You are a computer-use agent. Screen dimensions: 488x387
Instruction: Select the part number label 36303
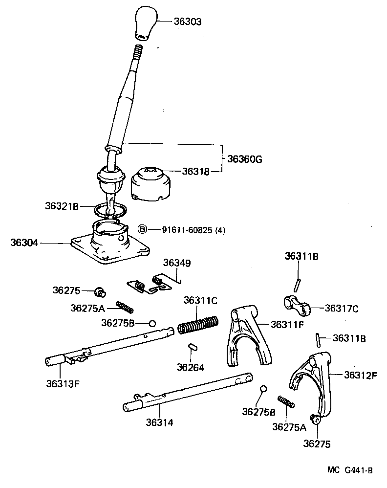(187, 22)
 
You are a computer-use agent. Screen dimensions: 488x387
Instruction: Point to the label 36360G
(244, 159)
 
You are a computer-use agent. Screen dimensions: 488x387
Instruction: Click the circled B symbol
(142, 229)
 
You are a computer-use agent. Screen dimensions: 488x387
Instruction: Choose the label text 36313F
(63, 383)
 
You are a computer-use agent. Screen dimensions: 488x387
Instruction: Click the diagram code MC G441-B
(350, 470)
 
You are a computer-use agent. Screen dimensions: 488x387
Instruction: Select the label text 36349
(176, 263)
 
